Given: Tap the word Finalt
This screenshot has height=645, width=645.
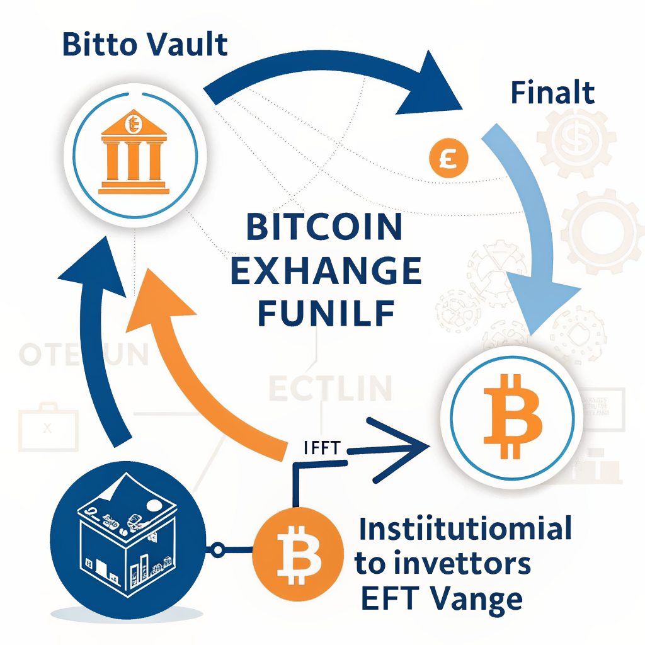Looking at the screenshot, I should click(552, 93).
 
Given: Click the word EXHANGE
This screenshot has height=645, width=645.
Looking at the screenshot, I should click(326, 270).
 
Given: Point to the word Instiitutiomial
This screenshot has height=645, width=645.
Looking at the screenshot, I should click(465, 528).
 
